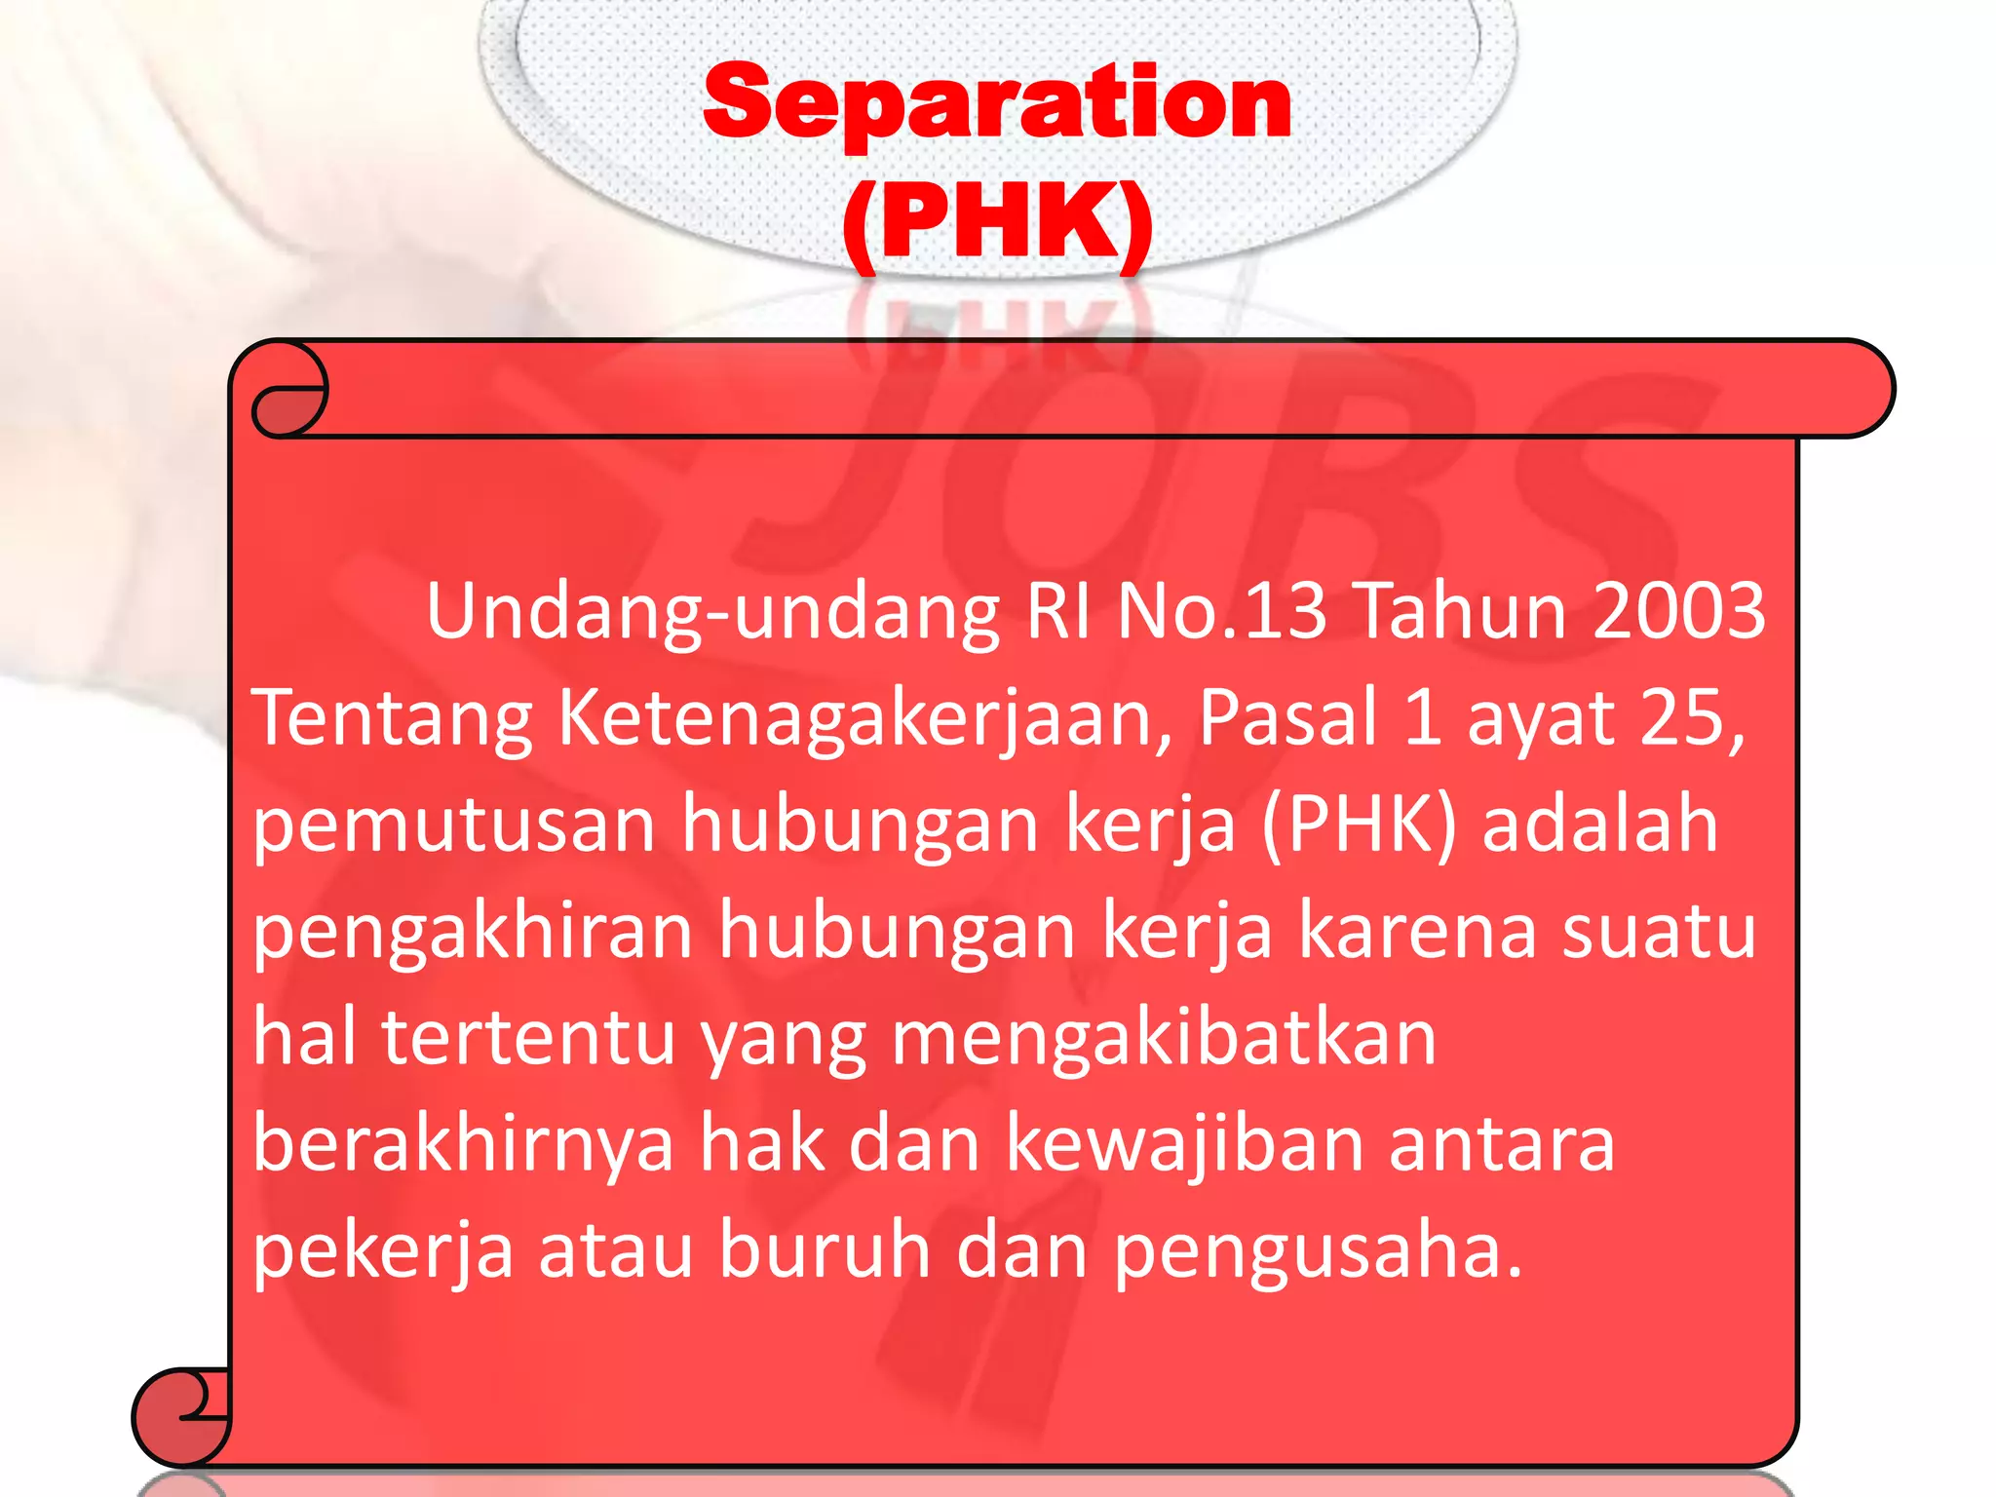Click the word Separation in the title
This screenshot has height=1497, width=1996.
pyautogui.click(x=997, y=102)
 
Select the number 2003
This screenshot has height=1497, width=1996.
pyautogui.click(x=1678, y=611)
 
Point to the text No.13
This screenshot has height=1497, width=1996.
pyautogui.click(x=1222, y=611)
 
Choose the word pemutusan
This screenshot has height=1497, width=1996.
pyautogui.click(x=454, y=825)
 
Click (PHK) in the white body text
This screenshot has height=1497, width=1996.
pyautogui.click(x=1359, y=825)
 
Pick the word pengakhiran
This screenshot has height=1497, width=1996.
pyautogui.click(x=473, y=932)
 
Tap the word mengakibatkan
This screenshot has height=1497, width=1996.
pyautogui.click(x=1164, y=1038)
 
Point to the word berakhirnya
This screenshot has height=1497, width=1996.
pyautogui.click(x=463, y=1145)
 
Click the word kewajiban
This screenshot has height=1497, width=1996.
pyautogui.click(x=1184, y=1145)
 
